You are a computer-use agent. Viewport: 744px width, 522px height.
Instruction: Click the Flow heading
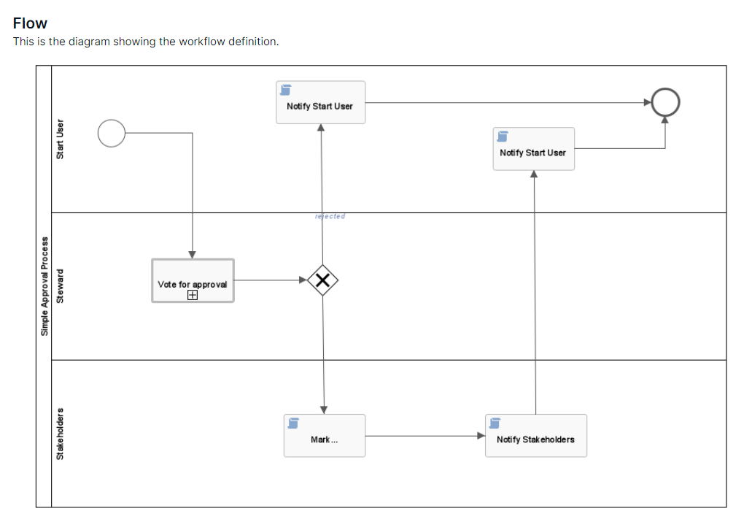[30, 23]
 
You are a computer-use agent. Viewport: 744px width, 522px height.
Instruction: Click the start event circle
[112, 134]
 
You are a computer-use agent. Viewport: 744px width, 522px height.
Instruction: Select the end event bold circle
[664, 102]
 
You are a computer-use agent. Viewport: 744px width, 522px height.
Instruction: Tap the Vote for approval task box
[193, 280]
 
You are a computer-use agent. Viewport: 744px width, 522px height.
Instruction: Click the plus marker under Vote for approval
[193, 295]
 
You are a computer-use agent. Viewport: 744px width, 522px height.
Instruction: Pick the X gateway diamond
[322, 280]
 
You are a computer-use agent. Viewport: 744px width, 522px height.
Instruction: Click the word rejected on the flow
[330, 216]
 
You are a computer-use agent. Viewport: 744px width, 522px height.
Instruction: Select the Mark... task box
[325, 436]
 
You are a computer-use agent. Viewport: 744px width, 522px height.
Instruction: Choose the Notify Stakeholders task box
[535, 436]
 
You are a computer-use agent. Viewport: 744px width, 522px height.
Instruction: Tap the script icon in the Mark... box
[293, 423]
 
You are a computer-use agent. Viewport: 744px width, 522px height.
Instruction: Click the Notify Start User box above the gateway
[320, 102]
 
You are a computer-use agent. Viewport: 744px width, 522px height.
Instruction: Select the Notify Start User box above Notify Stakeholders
[533, 149]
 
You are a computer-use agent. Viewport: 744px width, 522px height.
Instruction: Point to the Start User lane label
[61, 139]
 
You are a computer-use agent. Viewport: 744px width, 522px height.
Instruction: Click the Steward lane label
[61, 286]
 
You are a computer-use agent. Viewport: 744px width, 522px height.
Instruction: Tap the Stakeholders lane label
[61, 434]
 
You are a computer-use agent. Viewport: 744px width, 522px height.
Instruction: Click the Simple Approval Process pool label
[44, 286]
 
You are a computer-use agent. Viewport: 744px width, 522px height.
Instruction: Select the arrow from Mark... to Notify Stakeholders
[425, 436]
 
